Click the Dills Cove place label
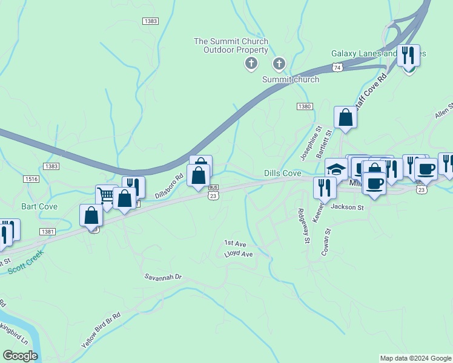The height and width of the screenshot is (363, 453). point(283,174)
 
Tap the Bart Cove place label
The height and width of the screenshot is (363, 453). point(39,207)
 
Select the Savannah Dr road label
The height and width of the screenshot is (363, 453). point(163,277)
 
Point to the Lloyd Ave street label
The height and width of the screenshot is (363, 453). point(238,255)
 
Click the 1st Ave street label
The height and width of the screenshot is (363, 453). point(235,243)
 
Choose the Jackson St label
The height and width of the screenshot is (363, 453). point(347,207)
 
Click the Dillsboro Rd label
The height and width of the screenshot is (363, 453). point(169,187)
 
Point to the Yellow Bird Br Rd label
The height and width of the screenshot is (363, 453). point(101,330)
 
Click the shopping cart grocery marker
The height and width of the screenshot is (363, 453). point(107,195)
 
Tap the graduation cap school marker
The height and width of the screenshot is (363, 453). point(336,169)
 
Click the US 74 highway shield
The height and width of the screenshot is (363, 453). point(338,67)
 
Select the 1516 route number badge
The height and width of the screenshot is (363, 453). point(31,178)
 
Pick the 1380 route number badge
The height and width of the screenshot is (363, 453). point(305,106)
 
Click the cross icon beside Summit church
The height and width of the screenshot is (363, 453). point(279,63)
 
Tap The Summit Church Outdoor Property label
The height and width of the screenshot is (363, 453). point(231,45)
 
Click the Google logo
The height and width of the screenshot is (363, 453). point(20,356)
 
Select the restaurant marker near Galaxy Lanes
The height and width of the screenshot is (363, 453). point(409,56)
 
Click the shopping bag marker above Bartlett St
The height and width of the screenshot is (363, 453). point(345,117)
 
